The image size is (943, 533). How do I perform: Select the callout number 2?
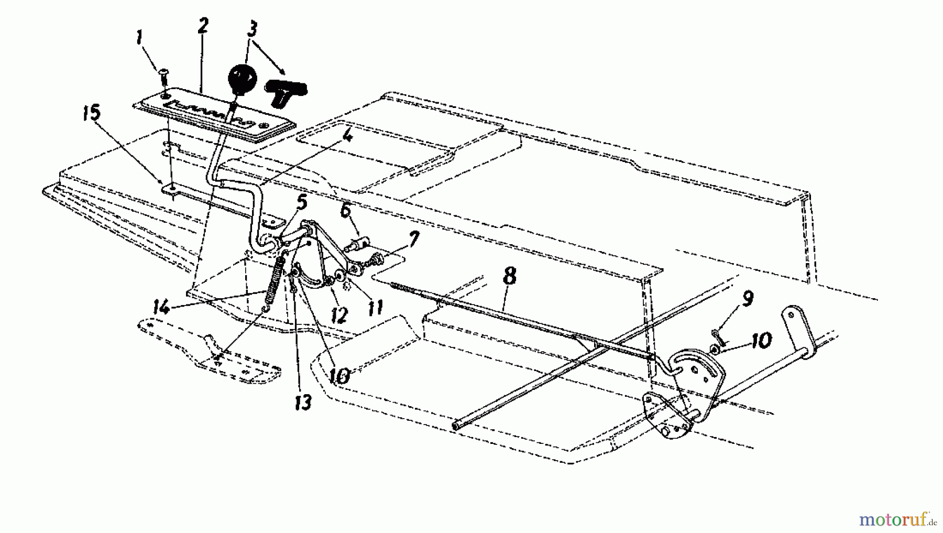[x=203, y=27]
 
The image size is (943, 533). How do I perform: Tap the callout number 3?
[x=253, y=30]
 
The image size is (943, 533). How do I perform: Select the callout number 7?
[x=414, y=240]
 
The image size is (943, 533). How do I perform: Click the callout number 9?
[x=748, y=299]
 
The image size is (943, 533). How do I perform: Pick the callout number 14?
[x=161, y=307]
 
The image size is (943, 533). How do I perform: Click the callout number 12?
[x=339, y=316]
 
